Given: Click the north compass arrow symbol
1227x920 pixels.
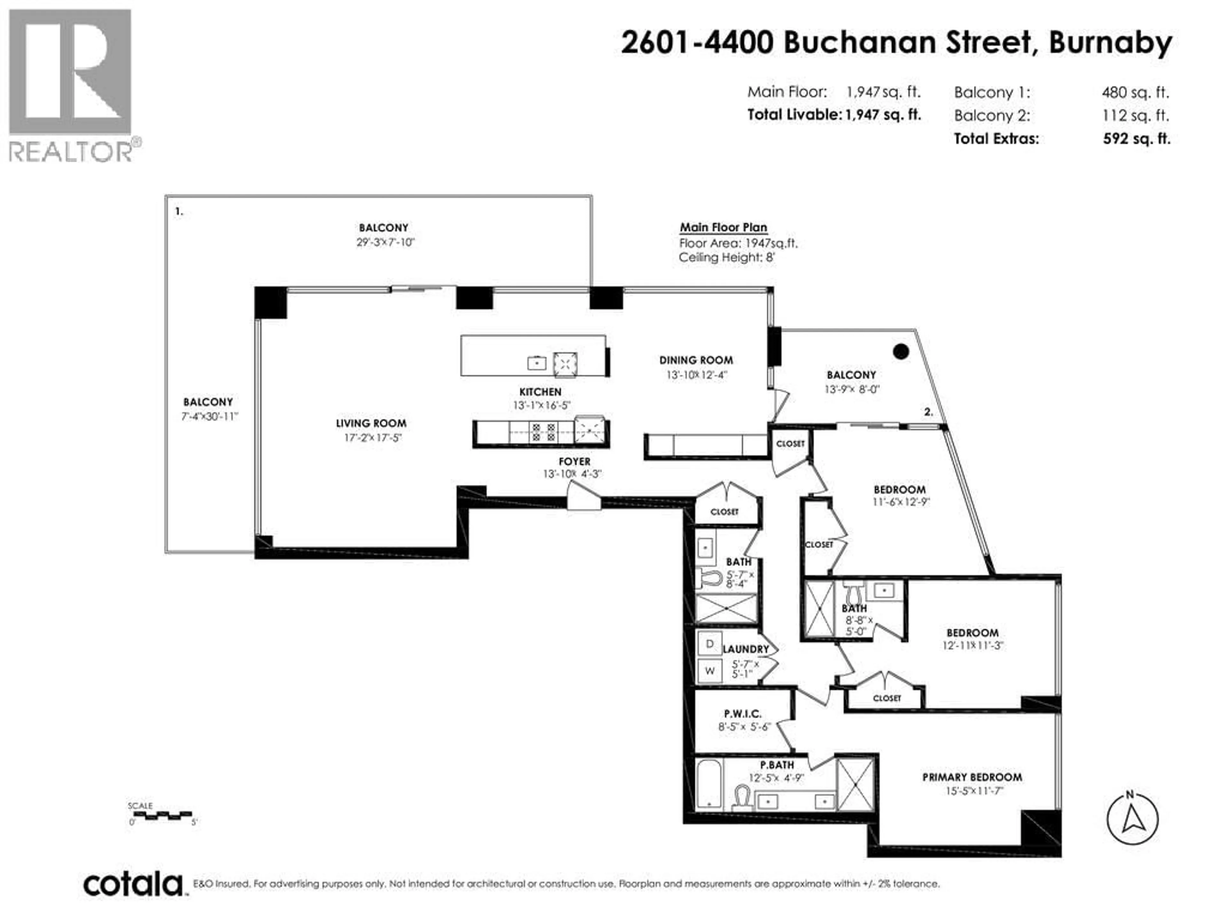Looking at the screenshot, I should click(1132, 819).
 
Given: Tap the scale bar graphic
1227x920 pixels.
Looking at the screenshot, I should click(163, 815).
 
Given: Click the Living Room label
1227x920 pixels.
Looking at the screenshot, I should click(371, 424).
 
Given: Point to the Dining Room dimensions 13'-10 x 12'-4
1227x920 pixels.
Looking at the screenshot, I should click(696, 375).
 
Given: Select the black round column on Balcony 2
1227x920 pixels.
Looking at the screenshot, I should click(901, 351).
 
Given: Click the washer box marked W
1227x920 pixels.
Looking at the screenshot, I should click(709, 671).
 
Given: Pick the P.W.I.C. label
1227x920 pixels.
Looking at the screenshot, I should click(742, 714).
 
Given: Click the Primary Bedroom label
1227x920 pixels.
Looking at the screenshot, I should click(972, 777).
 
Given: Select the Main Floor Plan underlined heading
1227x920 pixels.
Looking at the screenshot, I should click(723, 227).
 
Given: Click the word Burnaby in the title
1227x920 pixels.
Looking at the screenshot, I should click(1110, 43).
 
